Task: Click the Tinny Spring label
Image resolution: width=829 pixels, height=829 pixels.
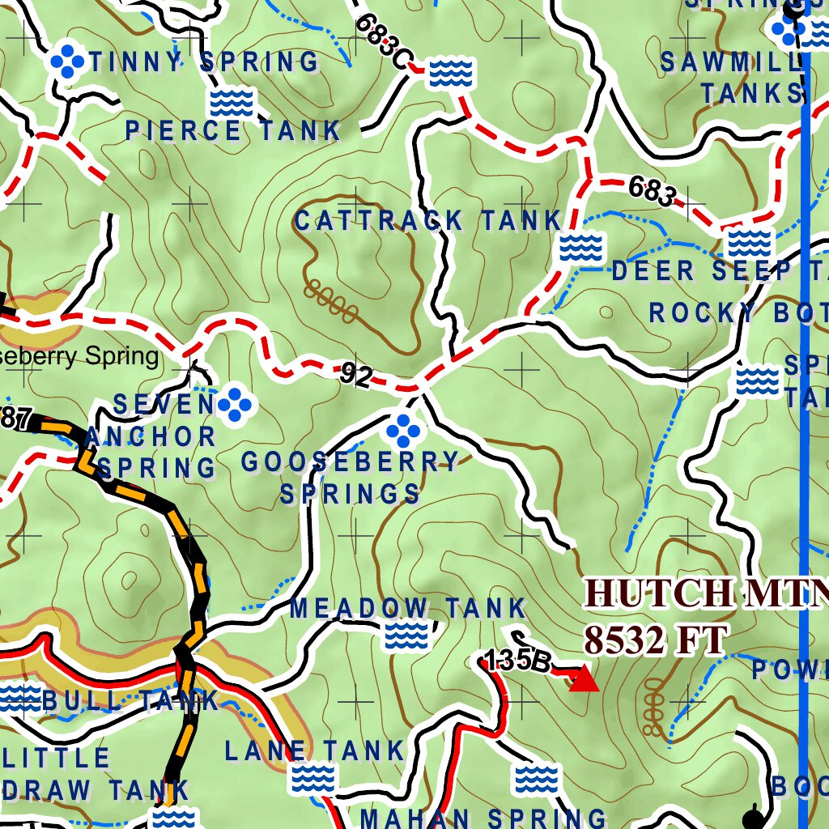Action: point(204,62)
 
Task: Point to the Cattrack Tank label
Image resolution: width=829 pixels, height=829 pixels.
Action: point(427,220)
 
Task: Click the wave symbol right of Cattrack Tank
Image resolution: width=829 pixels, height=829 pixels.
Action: point(581,246)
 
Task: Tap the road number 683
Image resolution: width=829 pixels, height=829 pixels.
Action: point(652,192)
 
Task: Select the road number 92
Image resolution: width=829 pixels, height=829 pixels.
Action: point(356,375)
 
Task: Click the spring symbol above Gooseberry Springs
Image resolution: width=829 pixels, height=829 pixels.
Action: point(403,431)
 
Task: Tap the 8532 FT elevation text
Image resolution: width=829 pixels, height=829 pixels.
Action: point(656,641)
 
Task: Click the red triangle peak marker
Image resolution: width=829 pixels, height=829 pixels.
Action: point(584,679)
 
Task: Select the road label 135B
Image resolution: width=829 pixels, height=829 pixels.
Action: point(518,661)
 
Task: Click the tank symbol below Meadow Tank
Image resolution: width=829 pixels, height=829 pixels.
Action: point(406,636)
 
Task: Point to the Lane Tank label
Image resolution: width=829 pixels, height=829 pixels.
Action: point(314,750)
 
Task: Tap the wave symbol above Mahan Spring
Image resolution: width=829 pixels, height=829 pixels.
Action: point(537,779)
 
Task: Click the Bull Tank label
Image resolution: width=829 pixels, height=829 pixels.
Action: point(130,700)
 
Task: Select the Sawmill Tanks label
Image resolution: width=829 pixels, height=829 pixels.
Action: point(733,78)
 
